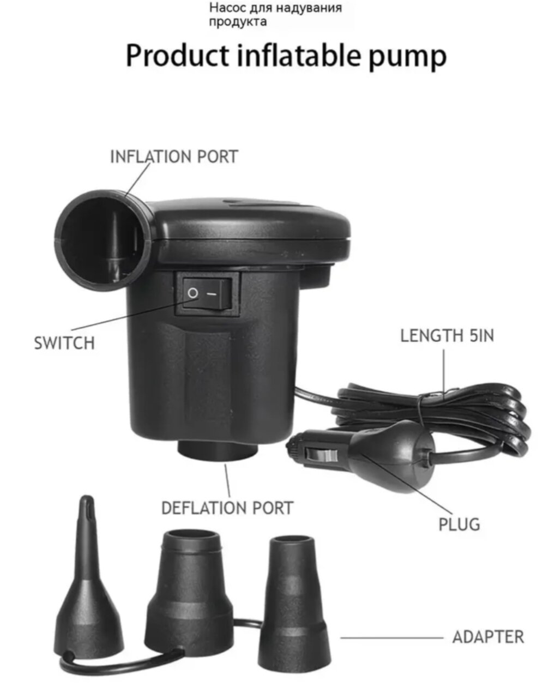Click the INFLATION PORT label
[174, 156]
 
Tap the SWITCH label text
[64, 343]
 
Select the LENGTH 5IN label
[447, 335]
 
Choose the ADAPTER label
[488, 637]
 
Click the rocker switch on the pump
[207, 293]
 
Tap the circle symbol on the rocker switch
[192, 293]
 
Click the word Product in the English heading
[178, 55]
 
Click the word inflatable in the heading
[299, 55]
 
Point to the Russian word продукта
[238, 22]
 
